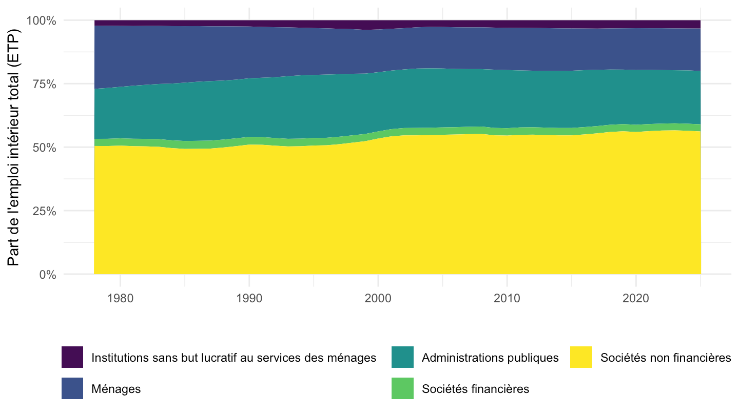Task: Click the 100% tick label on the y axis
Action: point(42,20)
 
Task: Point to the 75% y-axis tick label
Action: point(45,85)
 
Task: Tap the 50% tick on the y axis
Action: point(45,148)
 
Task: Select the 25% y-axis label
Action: point(45,211)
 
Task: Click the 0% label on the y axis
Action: point(48,275)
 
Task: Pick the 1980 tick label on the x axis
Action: point(121,298)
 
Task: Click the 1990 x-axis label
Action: point(249,298)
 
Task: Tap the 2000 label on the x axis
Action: point(378,298)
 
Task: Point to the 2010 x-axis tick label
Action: point(507,298)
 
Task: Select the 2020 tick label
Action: point(636,298)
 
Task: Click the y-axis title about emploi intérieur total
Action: point(13,148)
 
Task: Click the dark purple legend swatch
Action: point(72,357)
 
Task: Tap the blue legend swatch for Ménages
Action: point(72,388)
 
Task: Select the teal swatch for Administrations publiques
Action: point(402,357)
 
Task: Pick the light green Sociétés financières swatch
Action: point(402,388)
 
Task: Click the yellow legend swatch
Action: point(581,357)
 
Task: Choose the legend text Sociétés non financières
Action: point(666,358)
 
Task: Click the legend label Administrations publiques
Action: point(490,358)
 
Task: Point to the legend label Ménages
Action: point(116,389)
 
